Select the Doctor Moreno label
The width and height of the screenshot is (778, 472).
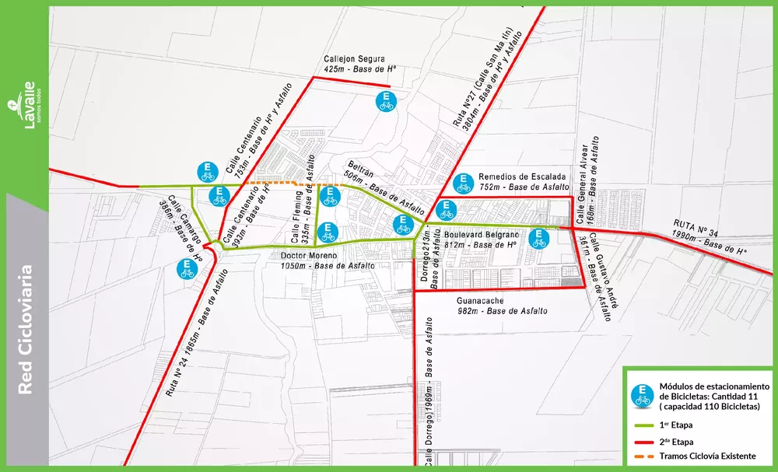point(309,255)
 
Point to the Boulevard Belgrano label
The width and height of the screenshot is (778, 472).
point(481,234)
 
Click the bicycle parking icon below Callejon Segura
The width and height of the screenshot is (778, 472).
point(385,101)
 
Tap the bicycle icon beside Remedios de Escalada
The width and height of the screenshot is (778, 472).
point(463,183)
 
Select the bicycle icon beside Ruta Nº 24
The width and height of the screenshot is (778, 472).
point(187,268)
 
